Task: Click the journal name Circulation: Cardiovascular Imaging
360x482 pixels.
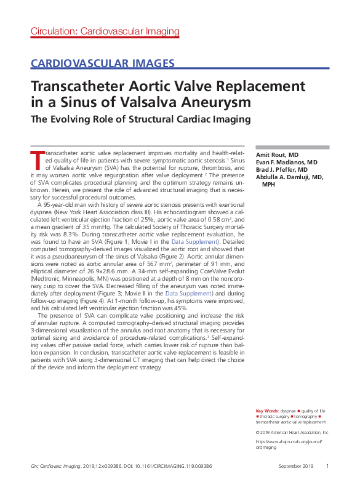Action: (105, 31)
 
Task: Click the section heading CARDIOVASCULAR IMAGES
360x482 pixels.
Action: (102, 63)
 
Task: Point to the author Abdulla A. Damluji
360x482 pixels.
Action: (286, 177)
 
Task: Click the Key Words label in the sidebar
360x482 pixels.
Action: (267, 410)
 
